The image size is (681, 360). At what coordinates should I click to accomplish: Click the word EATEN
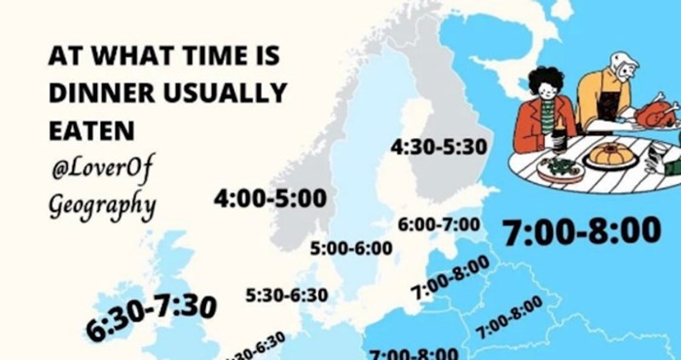coord(91,129)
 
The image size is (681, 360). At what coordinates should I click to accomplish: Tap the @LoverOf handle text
coord(101,169)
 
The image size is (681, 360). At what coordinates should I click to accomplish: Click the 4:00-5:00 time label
coord(271,199)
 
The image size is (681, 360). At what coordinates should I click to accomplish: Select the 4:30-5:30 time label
coord(438,147)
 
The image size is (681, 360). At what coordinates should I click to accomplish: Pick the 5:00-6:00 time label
coord(351,249)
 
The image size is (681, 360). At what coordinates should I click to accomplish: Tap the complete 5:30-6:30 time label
coord(286,295)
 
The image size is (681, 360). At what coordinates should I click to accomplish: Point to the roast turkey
coord(657,112)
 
